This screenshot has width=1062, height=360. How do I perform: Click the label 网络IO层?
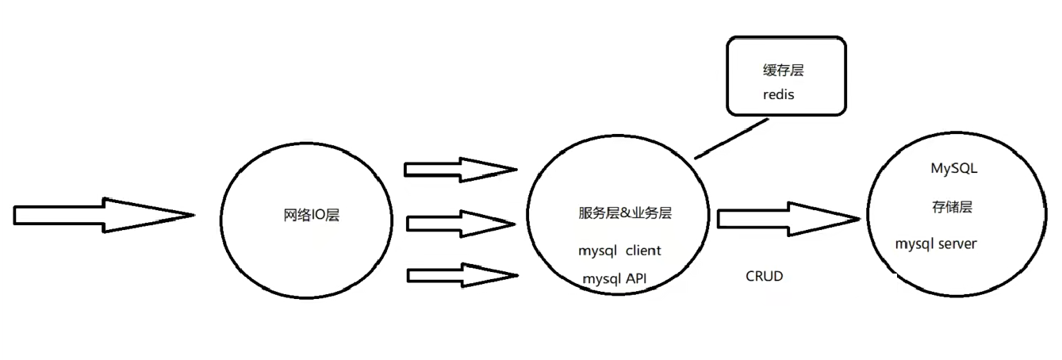311,215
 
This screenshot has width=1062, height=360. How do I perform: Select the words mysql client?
620,251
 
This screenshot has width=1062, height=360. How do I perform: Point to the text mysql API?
619,279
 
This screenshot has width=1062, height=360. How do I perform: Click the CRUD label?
764,276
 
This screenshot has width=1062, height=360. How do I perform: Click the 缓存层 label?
782,71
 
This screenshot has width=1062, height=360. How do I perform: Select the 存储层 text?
952,208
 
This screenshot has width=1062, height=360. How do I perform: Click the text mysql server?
936,243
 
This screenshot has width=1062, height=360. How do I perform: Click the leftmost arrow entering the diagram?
103,215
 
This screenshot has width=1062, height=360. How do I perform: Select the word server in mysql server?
957,243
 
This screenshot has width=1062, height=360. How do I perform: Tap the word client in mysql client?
643,251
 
